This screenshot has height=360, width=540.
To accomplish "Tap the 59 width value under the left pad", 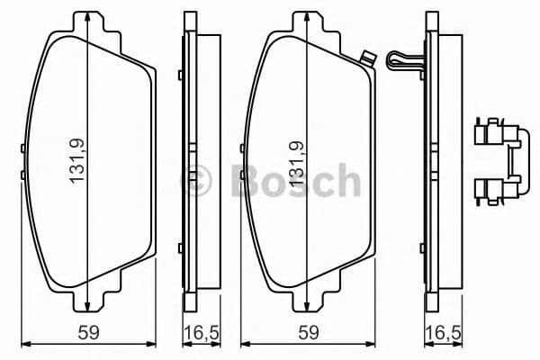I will click(x=86, y=331).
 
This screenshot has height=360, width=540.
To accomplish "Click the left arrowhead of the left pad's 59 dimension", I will click(x=23, y=342).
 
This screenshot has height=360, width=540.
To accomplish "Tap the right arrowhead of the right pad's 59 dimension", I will click(x=374, y=342).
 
